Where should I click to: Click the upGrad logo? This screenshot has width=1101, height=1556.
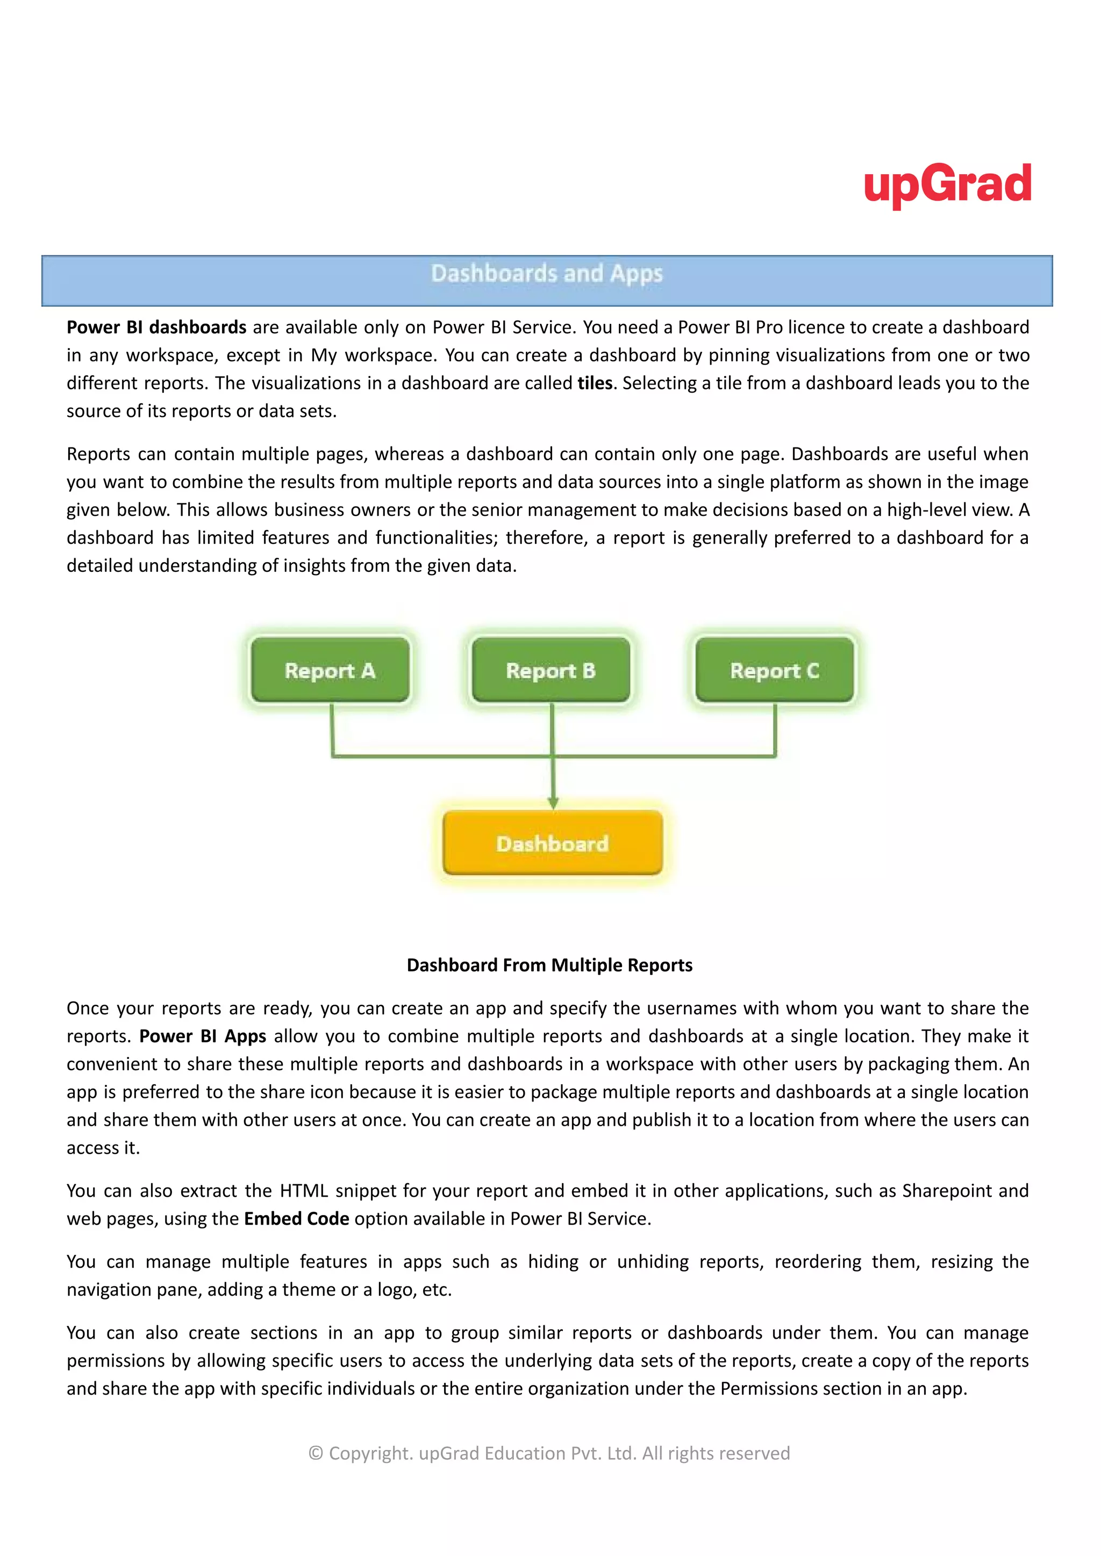pyautogui.click(x=947, y=184)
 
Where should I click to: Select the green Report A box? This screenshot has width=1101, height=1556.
pyautogui.click(x=330, y=670)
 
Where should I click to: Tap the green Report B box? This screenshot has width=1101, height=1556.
pyautogui.click(x=550, y=670)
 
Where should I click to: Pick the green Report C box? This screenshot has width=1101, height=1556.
pyautogui.click(x=774, y=670)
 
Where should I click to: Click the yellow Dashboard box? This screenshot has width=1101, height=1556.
pyautogui.click(x=552, y=843)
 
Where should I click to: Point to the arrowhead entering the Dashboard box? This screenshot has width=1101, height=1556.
pyautogui.click(x=553, y=802)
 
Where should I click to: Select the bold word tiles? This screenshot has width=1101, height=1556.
pyautogui.click(x=595, y=383)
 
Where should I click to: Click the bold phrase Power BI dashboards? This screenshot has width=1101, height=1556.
pyautogui.click(x=156, y=328)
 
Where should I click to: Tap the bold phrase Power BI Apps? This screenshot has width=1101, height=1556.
pyautogui.click(x=202, y=1036)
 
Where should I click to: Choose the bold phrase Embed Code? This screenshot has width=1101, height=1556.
pyautogui.click(x=296, y=1218)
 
